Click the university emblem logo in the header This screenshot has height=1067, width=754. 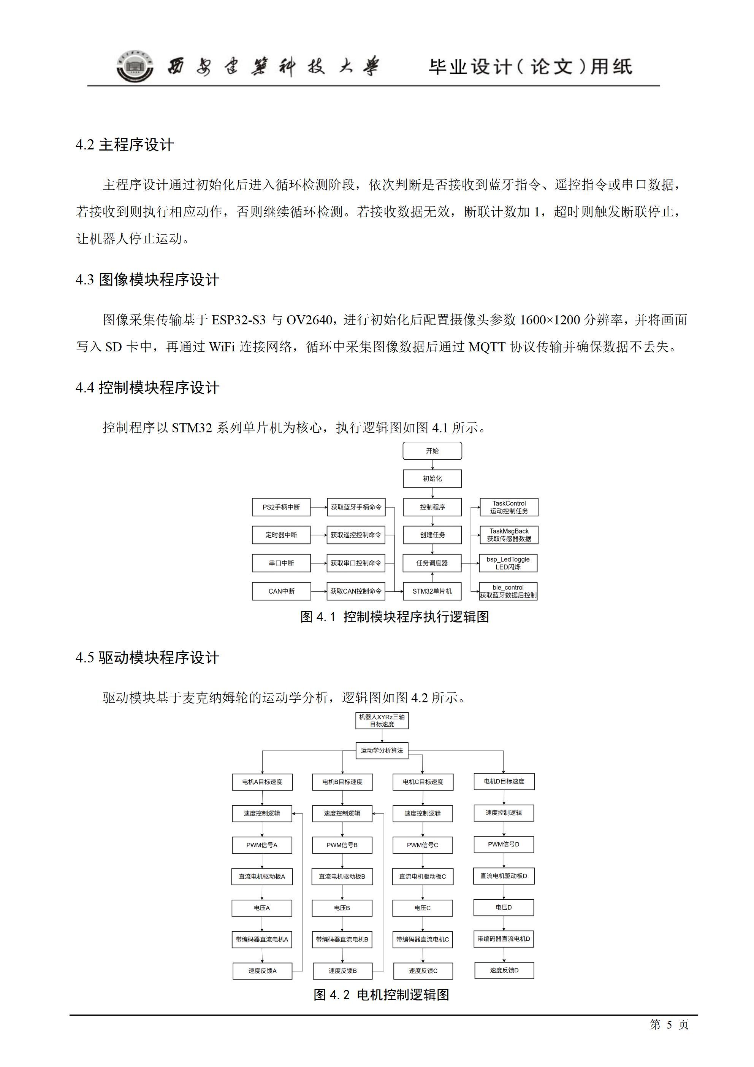[x=135, y=66]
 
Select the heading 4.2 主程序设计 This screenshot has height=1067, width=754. [x=125, y=144]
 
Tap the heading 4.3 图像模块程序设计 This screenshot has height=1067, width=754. [x=147, y=280]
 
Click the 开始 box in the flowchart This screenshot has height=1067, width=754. [x=432, y=451]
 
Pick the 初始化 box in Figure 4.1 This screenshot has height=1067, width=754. [x=432, y=479]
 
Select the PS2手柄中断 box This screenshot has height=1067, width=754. [x=281, y=507]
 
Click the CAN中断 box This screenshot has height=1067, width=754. [x=281, y=591]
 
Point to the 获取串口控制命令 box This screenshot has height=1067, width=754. [x=356, y=563]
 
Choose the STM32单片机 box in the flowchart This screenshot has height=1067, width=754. [x=432, y=591]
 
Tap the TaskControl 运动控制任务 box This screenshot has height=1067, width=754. [x=509, y=507]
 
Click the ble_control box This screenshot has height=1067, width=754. [x=508, y=591]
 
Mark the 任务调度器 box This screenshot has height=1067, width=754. [x=432, y=563]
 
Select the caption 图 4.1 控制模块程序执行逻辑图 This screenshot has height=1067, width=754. [x=394, y=617]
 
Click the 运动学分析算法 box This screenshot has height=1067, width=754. [x=382, y=751]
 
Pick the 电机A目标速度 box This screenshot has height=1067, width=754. [x=262, y=782]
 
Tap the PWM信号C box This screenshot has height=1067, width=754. [x=422, y=845]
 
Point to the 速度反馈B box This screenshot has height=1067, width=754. [x=342, y=971]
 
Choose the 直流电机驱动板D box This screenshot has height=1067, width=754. [x=504, y=876]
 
